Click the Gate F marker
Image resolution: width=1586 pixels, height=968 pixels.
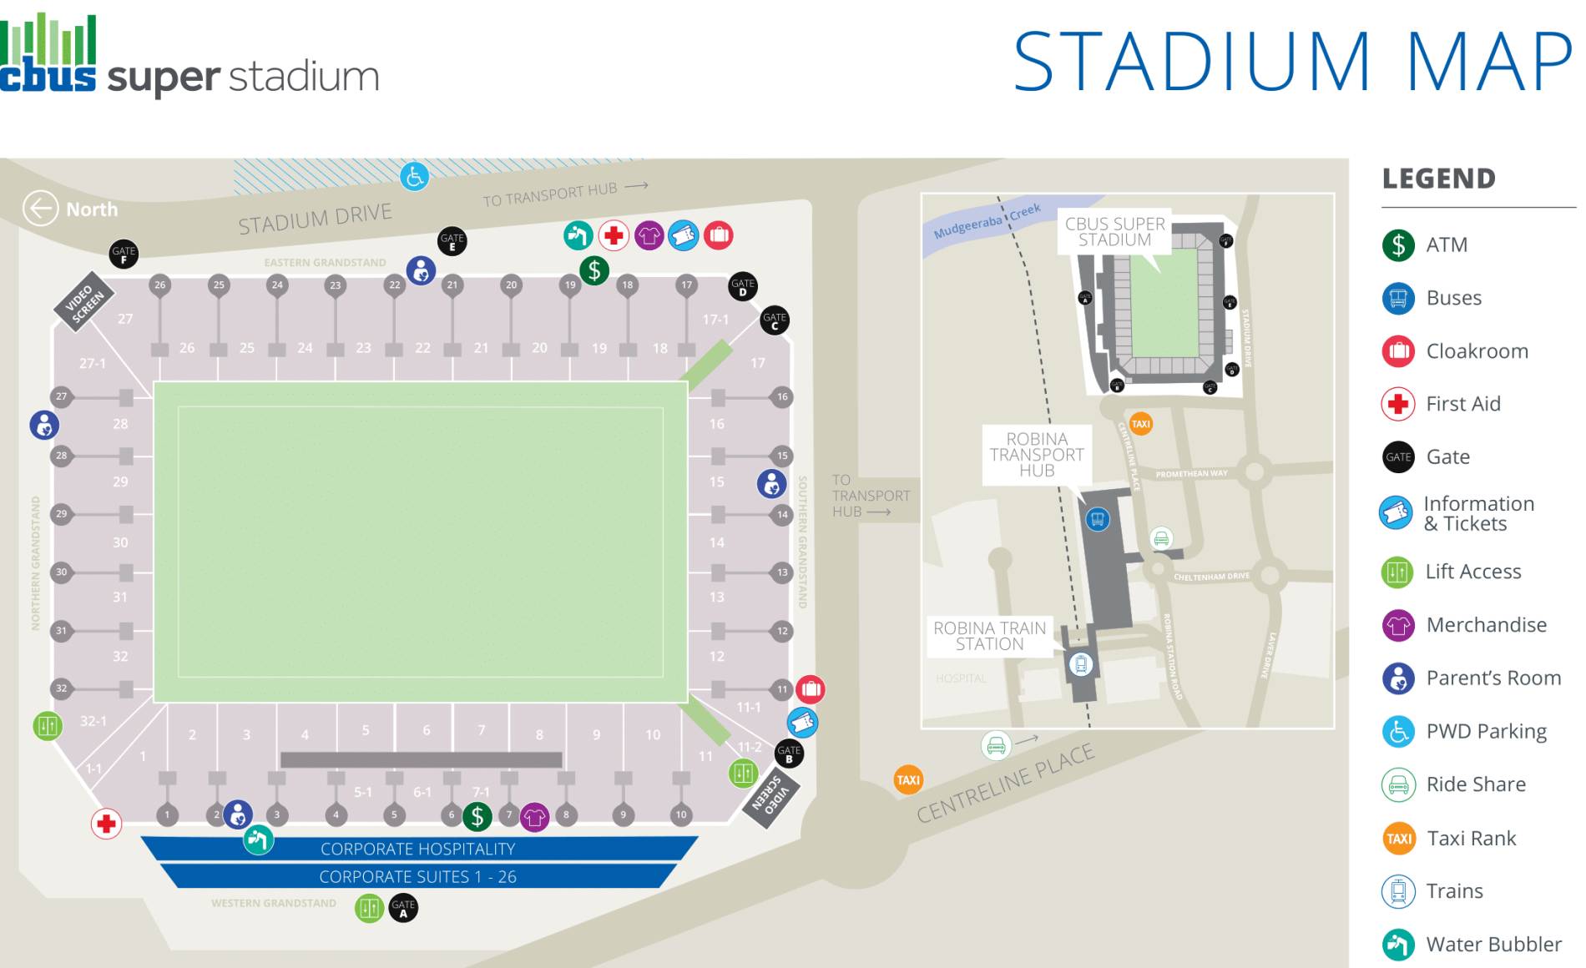pyautogui.click(x=124, y=254)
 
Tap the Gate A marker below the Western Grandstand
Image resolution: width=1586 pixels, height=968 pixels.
pyautogui.click(x=403, y=907)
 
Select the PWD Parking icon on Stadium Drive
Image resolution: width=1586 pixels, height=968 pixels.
pyautogui.click(x=414, y=176)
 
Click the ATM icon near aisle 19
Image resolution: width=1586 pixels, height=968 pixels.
pyautogui.click(x=594, y=270)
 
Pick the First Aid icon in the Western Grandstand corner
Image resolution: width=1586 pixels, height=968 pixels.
pyautogui.click(x=106, y=824)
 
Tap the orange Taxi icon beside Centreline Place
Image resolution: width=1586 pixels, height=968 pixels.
pyautogui.click(x=908, y=780)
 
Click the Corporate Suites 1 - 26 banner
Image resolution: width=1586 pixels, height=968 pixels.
pyautogui.click(x=417, y=877)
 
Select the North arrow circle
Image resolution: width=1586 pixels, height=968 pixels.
pyautogui.click(x=40, y=209)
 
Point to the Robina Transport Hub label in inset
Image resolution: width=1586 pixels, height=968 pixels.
pyautogui.click(x=1037, y=455)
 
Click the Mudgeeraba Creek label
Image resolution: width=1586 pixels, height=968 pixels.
pyautogui.click(x=987, y=221)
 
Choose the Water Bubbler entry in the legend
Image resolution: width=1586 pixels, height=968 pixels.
pyautogui.click(x=1493, y=944)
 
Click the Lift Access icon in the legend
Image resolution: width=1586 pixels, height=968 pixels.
pyautogui.click(x=1397, y=572)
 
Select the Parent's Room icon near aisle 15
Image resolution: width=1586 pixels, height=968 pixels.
pyautogui.click(x=771, y=483)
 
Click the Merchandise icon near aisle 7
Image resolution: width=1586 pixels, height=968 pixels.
pyautogui.click(x=534, y=816)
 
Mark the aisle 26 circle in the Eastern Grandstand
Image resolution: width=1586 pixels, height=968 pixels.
pyautogui.click(x=160, y=285)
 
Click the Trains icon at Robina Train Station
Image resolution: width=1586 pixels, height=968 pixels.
pyautogui.click(x=1081, y=664)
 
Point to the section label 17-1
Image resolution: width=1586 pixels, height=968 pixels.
pyautogui.click(x=715, y=320)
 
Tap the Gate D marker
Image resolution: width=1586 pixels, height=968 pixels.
pyautogui.click(x=742, y=287)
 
